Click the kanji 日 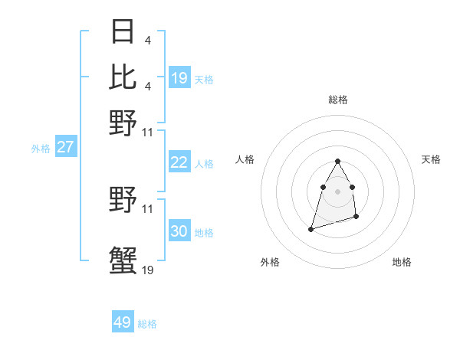pyautogui.click(x=123, y=32)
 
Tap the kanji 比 pyautogui.click(x=123, y=77)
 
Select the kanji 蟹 pyautogui.click(x=123, y=259)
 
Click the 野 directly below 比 pyautogui.click(x=123, y=121)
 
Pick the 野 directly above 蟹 pyautogui.click(x=123, y=201)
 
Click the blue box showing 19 pyautogui.click(x=179, y=77)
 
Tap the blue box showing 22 pyautogui.click(x=179, y=162)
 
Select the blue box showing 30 pyautogui.click(x=179, y=231)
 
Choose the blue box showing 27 pyautogui.click(x=65, y=147)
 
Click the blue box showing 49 pyautogui.click(x=123, y=322)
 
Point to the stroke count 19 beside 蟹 pyautogui.click(x=147, y=270)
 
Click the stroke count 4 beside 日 pyautogui.click(x=147, y=40)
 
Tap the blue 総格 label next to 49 pyautogui.click(x=147, y=324)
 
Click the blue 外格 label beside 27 pyautogui.click(x=41, y=149)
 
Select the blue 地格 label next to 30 pyautogui.click(x=204, y=233)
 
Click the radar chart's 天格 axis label pyautogui.click(x=431, y=159)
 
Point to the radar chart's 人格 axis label pyautogui.click(x=245, y=159)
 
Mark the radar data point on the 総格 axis pyautogui.click(x=337, y=161)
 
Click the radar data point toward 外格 pyautogui.click(x=310, y=229)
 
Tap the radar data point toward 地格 pyautogui.click(x=357, y=218)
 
